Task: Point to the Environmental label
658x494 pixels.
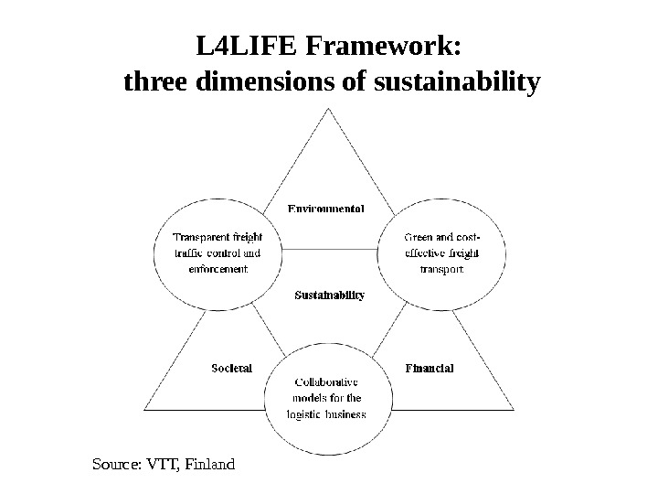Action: (x=327, y=209)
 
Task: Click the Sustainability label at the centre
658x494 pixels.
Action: (x=329, y=295)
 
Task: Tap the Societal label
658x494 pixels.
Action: (x=231, y=368)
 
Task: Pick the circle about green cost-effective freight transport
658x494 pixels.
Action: (x=441, y=253)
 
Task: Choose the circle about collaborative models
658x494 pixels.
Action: (x=328, y=399)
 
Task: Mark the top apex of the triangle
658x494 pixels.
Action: (x=328, y=109)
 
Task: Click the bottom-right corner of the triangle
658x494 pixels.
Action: (x=513, y=409)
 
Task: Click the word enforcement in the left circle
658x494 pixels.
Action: (x=218, y=270)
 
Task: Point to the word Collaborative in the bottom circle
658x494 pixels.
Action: (x=326, y=381)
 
